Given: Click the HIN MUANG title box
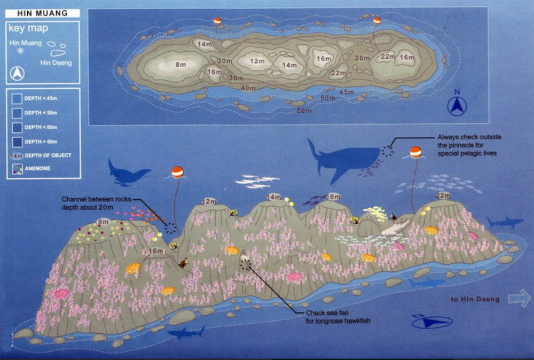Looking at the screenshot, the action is tap(43, 13).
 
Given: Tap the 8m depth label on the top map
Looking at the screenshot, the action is tap(180, 65).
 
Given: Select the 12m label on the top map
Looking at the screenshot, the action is tap(257, 61).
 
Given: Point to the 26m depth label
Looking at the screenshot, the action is tap(362, 58).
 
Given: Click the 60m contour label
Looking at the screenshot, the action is tap(304, 111).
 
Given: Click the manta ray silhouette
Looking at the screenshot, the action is tap(128, 173).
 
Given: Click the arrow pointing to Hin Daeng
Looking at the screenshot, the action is tap(519, 299).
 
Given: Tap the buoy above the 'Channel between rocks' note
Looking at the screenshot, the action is tap(177, 173).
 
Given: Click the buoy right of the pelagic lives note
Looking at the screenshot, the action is tap(415, 153).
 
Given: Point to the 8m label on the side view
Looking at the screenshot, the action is tap(103, 222).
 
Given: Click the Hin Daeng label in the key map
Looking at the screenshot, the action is tap(56, 62).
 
